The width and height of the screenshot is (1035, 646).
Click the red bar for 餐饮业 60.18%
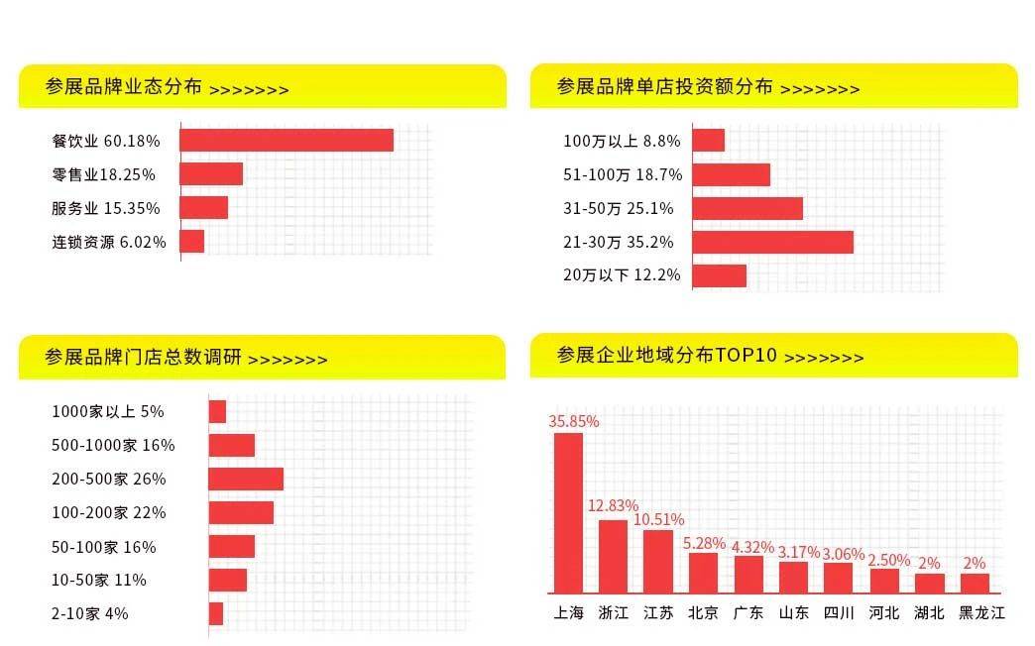tap(287, 140)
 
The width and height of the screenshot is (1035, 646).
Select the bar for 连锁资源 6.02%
tap(192, 241)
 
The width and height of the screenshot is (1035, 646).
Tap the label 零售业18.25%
tap(103, 174)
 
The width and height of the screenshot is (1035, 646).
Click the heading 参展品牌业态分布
tap(124, 87)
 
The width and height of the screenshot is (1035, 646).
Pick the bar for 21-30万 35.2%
tap(772, 242)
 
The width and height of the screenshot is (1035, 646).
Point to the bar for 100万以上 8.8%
tap(709, 140)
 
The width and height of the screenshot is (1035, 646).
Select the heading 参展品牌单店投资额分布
tap(664, 87)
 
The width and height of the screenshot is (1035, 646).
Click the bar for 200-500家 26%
tap(246, 479)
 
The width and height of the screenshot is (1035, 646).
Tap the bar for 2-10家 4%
tap(216, 613)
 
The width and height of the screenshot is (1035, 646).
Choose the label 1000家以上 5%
tap(108, 411)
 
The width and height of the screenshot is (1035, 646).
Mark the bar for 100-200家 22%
tap(241, 512)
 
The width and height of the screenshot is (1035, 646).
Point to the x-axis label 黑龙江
tap(981, 613)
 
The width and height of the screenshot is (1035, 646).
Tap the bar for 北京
tap(703, 572)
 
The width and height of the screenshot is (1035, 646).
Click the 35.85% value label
tap(574, 421)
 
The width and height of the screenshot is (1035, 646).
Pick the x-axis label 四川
tap(839, 613)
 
